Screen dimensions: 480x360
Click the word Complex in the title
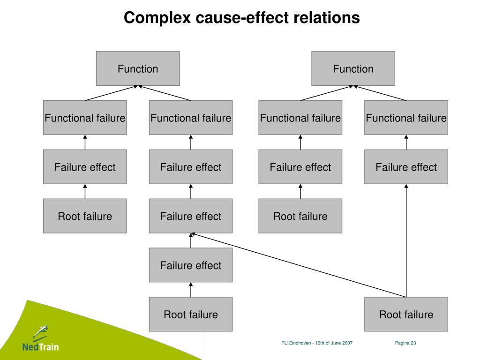pyautogui.click(x=157, y=18)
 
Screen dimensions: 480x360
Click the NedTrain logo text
pyautogui.click(x=41, y=347)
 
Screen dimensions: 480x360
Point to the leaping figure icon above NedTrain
pyautogui.click(x=40, y=332)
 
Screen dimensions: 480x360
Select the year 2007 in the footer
pyautogui.click(x=347, y=343)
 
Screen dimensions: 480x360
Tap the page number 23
pyautogui.click(x=413, y=343)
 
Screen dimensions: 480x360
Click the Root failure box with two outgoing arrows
pyautogui.click(x=406, y=314)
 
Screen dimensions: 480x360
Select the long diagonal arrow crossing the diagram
pyautogui.click(x=299, y=265)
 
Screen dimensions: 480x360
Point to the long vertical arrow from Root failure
pyautogui.click(x=406, y=240)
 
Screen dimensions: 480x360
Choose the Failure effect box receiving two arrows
pyautogui.click(x=191, y=216)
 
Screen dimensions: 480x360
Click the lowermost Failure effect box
pyautogui.click(x=191, y=265)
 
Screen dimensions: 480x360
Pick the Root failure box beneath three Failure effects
pyautogui.click(x=191, y=314)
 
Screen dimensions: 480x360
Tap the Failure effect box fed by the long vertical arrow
pyautogui.click(x=406, y=167)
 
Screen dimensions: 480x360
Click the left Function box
pyautogui.click(x=138, y=68)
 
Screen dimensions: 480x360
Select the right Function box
pyautogui.click(x=353, y=68)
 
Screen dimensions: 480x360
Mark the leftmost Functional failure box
pyautogui.click(x=85, y=118)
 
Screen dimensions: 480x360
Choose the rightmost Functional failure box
pyautogui.click(x=406, y=118)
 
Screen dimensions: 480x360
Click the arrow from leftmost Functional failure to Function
pyautogui.click(x=112, y=93)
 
